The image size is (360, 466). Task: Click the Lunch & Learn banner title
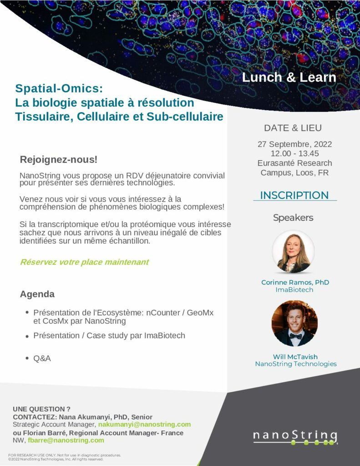[289, 77]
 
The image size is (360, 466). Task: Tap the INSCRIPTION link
[294, 195]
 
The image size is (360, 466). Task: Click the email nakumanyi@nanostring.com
[144, 425]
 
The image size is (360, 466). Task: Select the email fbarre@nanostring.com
[66, 440]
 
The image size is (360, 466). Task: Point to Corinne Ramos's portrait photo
[293, 252]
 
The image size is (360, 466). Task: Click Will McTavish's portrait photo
[294, 324]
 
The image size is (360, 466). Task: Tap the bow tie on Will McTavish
[295, 336]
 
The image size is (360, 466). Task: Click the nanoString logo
[295, 438]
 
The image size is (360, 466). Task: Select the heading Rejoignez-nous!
[59, 160]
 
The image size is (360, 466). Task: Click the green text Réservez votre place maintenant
[85, 262]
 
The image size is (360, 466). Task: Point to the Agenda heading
[37, 294]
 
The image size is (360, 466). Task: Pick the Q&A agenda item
[42, 359]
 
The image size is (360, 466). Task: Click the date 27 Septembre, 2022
[294, 144]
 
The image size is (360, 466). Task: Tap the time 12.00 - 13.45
[294, 153]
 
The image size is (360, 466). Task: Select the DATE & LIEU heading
[293, 128]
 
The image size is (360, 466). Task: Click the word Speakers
[293, 218]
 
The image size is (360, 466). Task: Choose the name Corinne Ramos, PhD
[295, 282]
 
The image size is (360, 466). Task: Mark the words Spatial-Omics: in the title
[59, 88]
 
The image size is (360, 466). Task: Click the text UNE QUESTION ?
[41, 409]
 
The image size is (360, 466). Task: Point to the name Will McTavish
[295, 357]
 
